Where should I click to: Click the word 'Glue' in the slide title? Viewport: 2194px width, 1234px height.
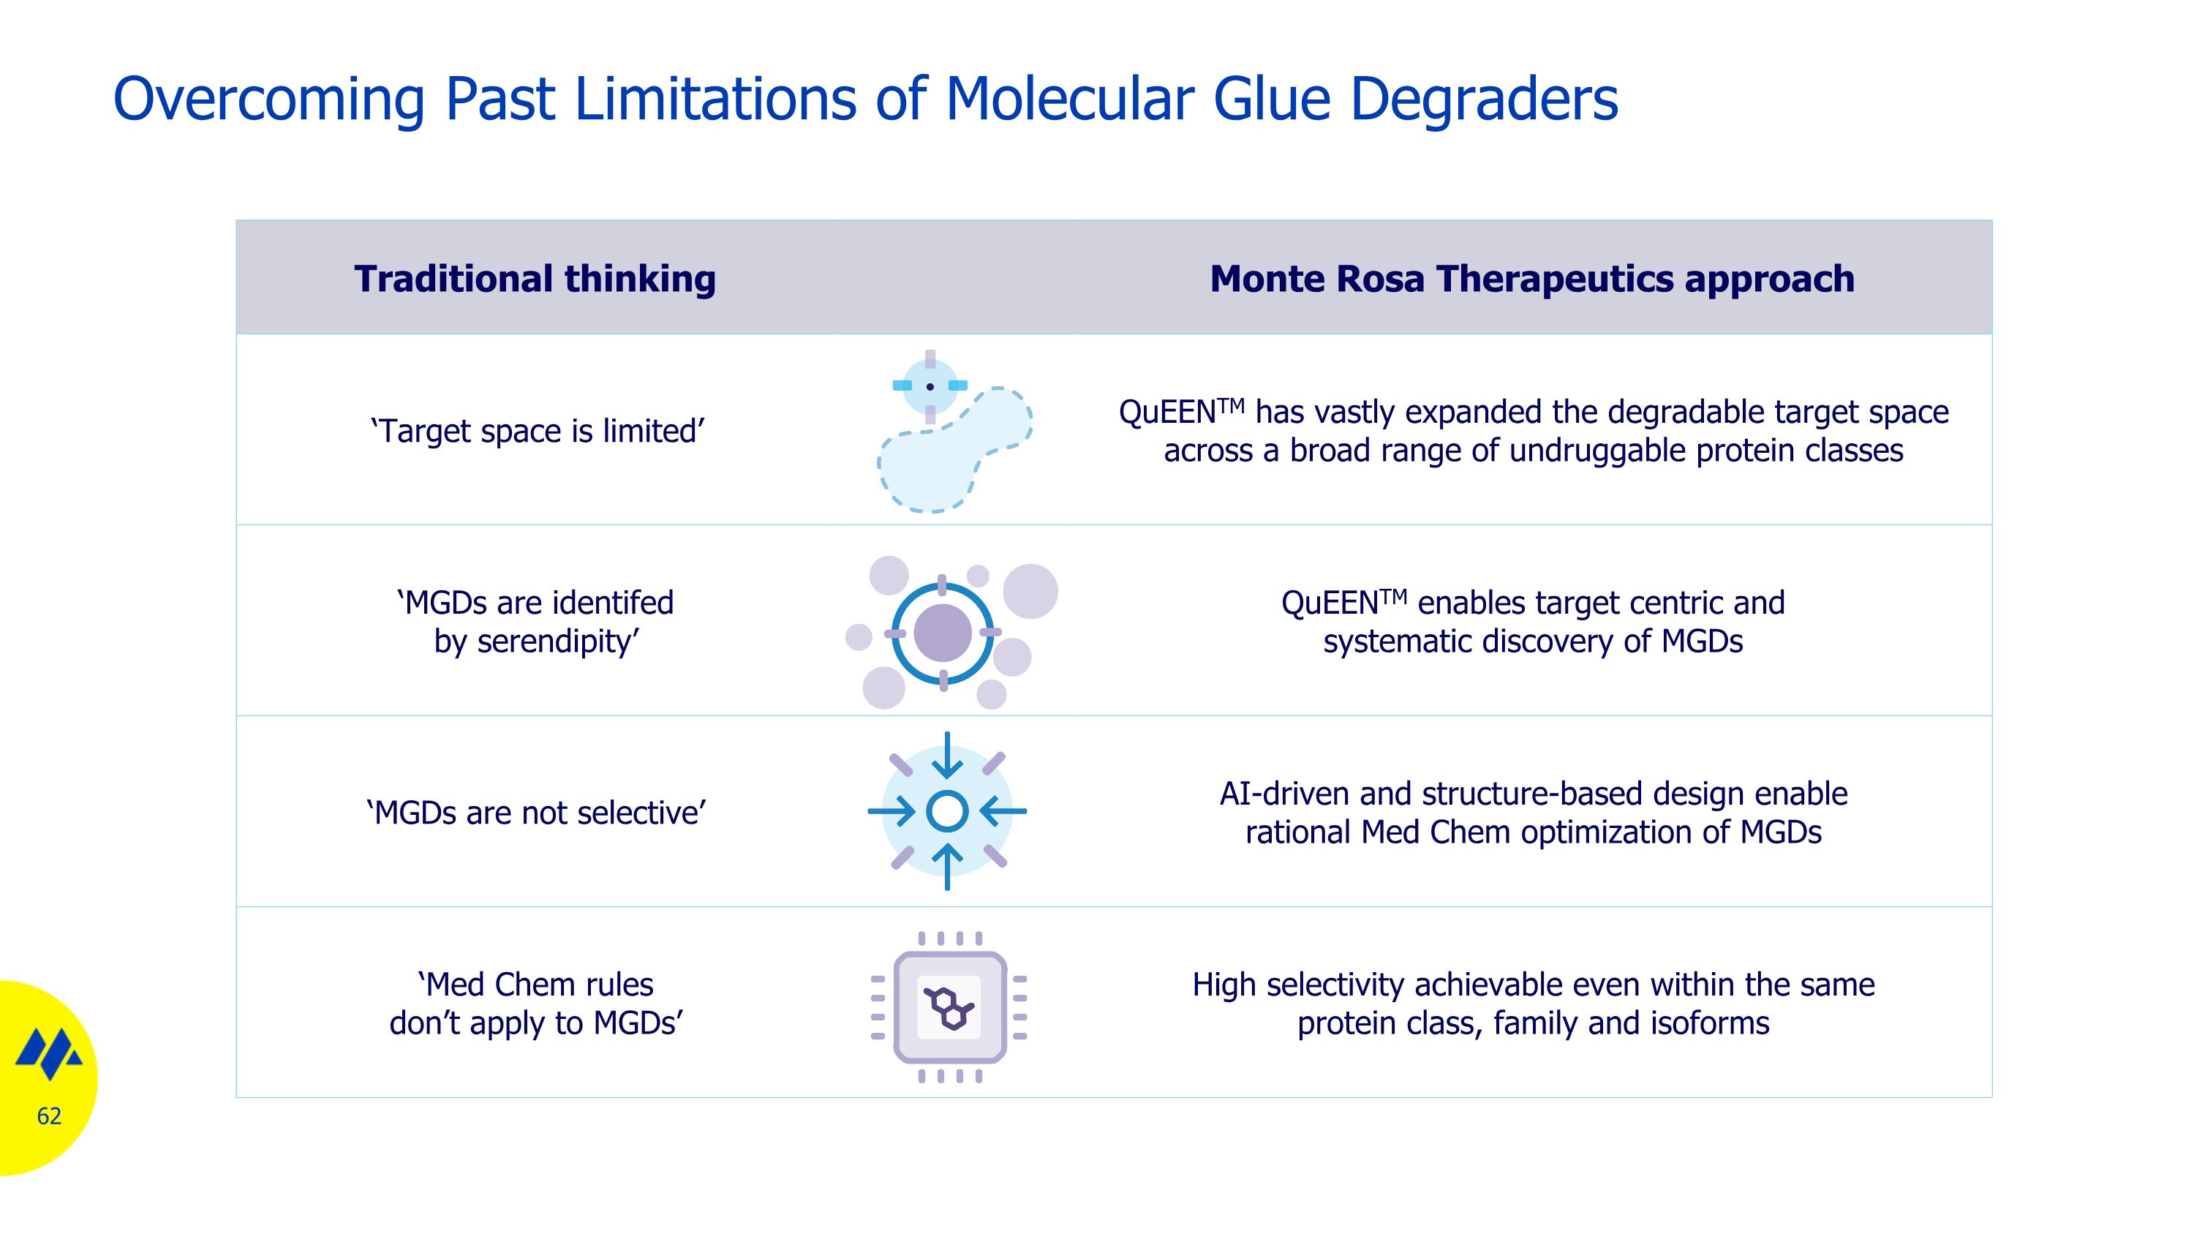tap(1271, 99)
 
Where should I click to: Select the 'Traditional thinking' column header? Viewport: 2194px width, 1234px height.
tap(535, 279)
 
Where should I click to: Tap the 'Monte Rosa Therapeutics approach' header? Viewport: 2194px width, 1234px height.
tap(1531, 279)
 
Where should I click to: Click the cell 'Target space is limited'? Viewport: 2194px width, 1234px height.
tap(538, 431)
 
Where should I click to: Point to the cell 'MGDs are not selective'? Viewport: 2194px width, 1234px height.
tap(537, 813)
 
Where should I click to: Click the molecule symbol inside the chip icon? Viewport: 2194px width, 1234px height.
tap(949, 1008)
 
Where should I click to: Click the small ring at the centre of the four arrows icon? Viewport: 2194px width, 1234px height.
tap(947, 810)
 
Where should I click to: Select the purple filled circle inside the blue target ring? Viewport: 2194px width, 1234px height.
tap(942, 633)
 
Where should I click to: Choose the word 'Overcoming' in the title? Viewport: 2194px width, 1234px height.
tap(268, 99)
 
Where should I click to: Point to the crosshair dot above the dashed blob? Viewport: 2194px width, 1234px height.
tap(930, 387)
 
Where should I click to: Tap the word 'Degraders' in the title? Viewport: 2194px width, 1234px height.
tap(1484, 99)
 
